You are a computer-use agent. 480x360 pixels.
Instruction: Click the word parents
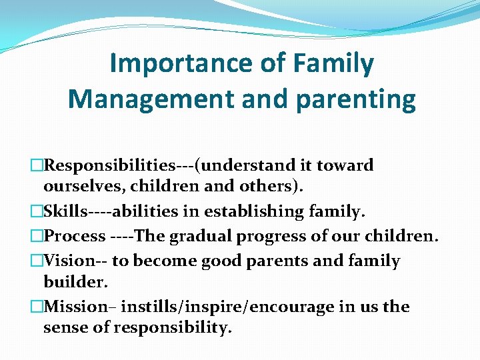278,260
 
